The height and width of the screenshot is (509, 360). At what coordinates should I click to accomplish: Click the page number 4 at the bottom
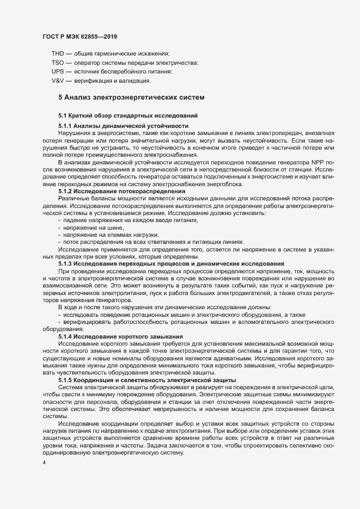(44, 463)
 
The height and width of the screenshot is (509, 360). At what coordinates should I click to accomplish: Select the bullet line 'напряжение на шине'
(90, 226)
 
